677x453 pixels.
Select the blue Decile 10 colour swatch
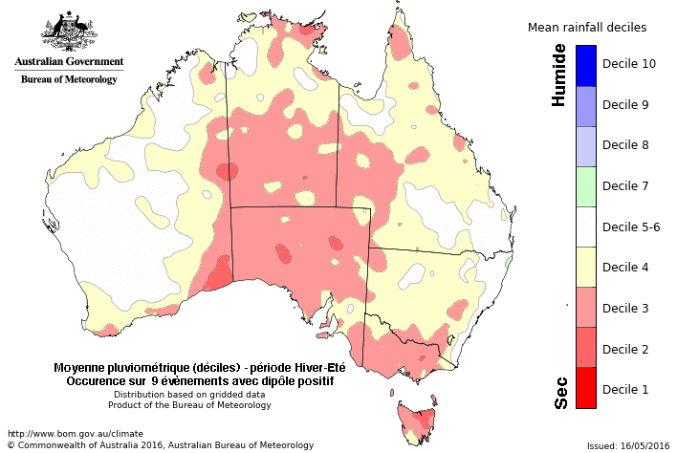pyautogui.click(x=586, y=65)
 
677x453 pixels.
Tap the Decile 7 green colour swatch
pyautogui.click(x=586, y=186)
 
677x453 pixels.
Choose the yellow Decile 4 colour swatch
pyautogui.click(x=586, y=267)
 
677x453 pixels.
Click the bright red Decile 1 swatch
pyautogui.click(x=586, y=388)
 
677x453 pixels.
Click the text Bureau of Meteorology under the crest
pyautogui.click(x=69, y=79)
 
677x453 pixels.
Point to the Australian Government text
pyautogui.click(x=69, y=62)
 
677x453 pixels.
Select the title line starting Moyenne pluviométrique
pyautogui.click(x=199, y=368)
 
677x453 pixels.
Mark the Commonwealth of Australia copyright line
pyautogui.click(x=160, y=444)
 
